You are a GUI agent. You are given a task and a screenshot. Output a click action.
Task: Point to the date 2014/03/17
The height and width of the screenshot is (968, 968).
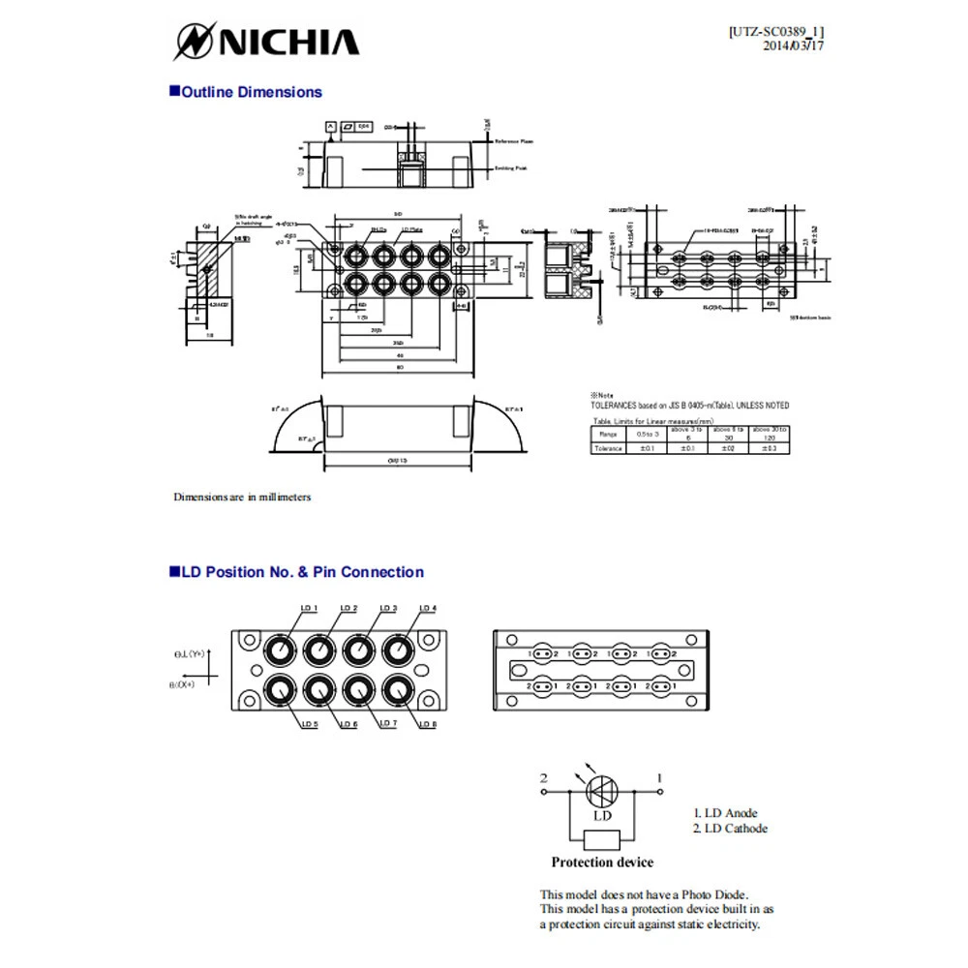point(794,45)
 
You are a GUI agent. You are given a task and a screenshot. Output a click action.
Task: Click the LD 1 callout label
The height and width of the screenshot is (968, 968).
point(309,608)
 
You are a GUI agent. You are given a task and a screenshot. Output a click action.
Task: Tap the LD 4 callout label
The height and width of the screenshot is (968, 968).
point(427,608)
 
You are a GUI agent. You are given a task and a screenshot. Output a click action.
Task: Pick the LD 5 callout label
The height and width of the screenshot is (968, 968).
point(309,724)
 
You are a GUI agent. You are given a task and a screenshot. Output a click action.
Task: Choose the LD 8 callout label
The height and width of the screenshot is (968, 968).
point(427,724)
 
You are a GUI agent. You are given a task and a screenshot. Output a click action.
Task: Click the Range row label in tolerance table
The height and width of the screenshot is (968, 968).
point(609,435)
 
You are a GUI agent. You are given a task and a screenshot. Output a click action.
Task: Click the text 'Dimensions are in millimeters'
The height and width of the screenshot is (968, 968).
point(242,497)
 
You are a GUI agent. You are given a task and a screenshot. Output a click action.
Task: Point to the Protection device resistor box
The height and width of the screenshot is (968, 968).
point(602,838)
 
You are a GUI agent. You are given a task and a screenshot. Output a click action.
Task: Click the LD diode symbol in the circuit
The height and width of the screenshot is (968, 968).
point(602,791)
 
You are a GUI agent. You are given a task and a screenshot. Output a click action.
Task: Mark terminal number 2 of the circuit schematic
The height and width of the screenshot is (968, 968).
point(544,778)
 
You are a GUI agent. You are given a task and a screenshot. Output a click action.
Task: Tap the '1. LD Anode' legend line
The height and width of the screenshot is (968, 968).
point(726,813)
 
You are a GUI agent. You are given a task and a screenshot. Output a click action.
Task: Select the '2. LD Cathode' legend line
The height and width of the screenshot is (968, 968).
point(731,829)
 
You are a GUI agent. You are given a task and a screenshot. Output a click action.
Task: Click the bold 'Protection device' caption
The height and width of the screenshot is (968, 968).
point(602,862)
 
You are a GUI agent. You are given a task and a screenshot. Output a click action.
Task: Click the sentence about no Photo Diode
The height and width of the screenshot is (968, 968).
point(644,894)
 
